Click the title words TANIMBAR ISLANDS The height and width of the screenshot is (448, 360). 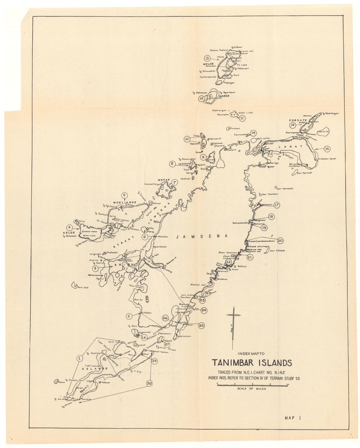coord(252,363)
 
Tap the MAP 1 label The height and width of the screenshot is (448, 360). coord(292,418)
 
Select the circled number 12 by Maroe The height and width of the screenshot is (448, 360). coord(202,98)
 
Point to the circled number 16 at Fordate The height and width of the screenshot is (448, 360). coord(293,125)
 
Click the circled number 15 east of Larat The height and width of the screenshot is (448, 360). coord(327,148)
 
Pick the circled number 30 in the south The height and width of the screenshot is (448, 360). coord(149,383)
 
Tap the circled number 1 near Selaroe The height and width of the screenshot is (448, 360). coord(79,358)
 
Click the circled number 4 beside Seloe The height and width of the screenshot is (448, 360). coord(77,227)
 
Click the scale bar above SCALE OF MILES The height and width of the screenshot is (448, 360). coord(252,385)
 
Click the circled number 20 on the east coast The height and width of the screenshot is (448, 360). coord(280,241)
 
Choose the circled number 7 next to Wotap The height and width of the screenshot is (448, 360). coord(174,182)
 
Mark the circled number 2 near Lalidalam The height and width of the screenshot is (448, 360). coord(129,316)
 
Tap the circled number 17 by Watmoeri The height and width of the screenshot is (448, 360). coord(276,205)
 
